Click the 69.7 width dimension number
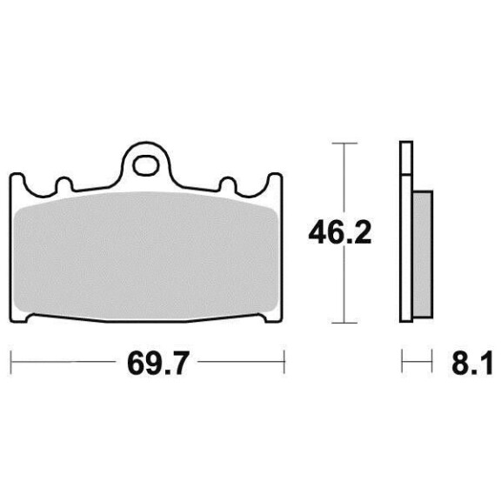157,364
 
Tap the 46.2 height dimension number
339,232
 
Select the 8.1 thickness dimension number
472,364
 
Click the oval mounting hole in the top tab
146,165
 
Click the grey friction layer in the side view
423,254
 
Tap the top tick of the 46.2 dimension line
344,144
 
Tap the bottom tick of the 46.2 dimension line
344,323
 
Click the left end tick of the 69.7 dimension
11,362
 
